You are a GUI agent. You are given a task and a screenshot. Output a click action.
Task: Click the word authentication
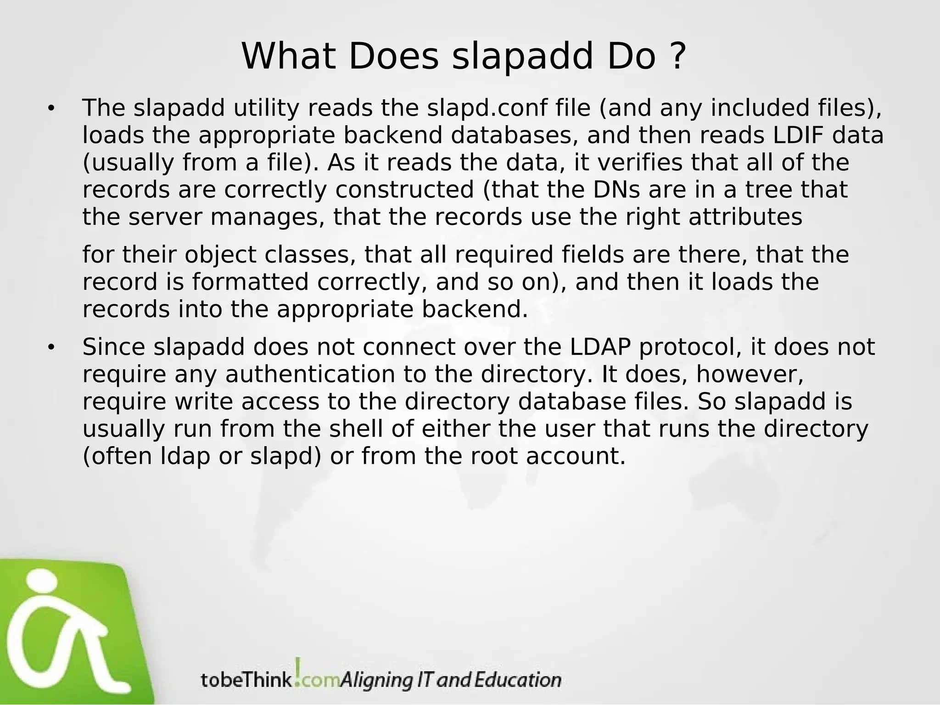310,375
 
